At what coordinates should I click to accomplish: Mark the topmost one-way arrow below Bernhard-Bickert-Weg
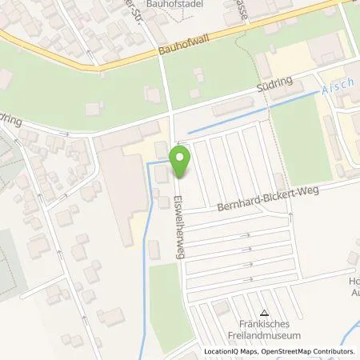(248, 234)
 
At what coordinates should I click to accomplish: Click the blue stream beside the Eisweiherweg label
(146, 240)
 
